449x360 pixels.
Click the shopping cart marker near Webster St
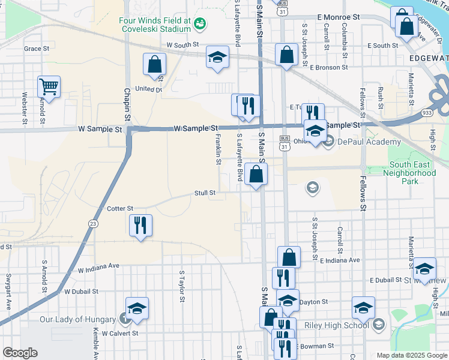coord(49,86)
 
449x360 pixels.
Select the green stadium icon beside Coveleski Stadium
coord(200,23)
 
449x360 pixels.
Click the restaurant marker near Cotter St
coord(141,225)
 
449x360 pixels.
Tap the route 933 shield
coord(443,112)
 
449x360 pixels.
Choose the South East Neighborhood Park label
coord(411,173)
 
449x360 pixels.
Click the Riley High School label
coord(340,325)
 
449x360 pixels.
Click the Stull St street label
coord(204,193)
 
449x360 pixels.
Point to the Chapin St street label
coord(127,99)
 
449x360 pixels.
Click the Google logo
coord(20,353)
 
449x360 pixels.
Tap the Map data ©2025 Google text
coord(412,355)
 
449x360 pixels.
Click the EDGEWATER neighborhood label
coord(428,58)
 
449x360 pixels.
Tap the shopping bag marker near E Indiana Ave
coord(289,256)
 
